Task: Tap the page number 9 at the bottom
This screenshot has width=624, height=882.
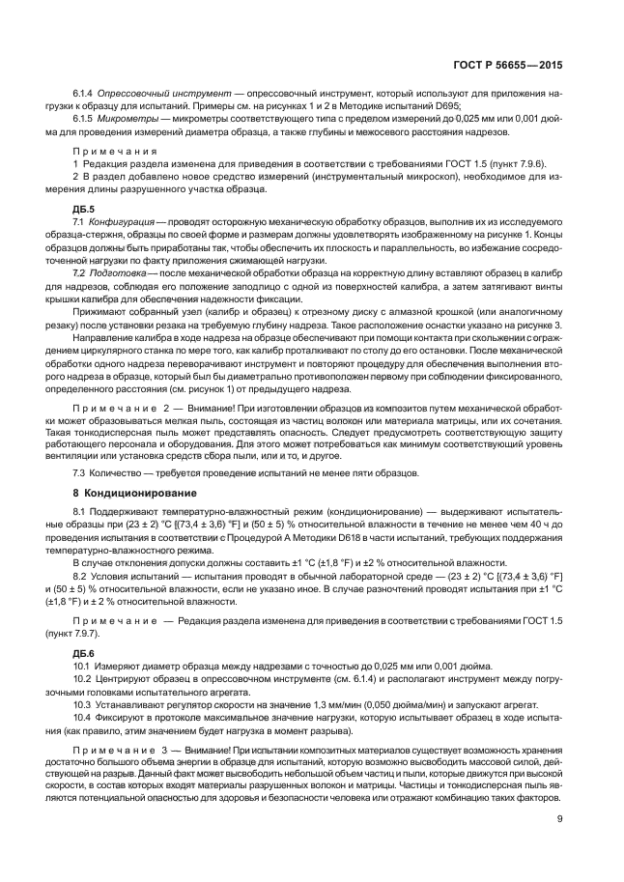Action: coord(559,820)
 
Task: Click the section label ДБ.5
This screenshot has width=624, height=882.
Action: coord(84,209)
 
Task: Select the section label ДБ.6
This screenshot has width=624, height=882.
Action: coord(84,653)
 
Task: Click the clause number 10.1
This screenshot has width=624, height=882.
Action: coord(83,667)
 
